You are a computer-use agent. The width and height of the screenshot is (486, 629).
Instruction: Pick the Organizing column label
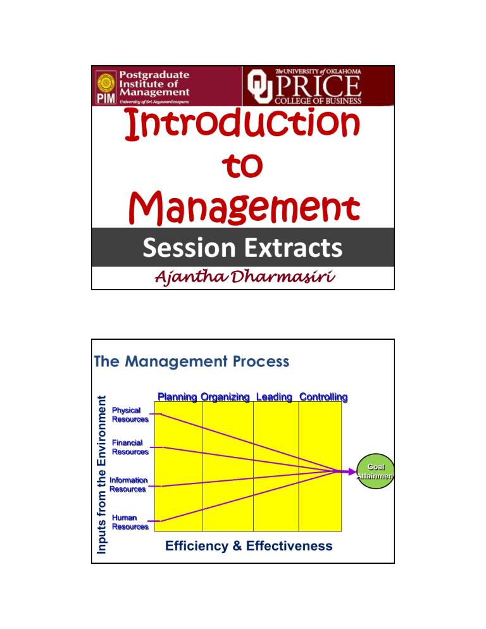226,397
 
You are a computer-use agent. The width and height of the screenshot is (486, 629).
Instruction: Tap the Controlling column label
323,397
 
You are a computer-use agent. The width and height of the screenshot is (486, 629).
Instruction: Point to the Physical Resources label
130,414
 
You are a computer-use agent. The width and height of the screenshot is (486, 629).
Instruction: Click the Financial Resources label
130,447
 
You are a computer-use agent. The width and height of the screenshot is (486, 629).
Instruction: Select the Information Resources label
128,484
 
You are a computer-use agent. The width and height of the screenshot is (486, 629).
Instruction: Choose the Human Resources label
130,521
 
